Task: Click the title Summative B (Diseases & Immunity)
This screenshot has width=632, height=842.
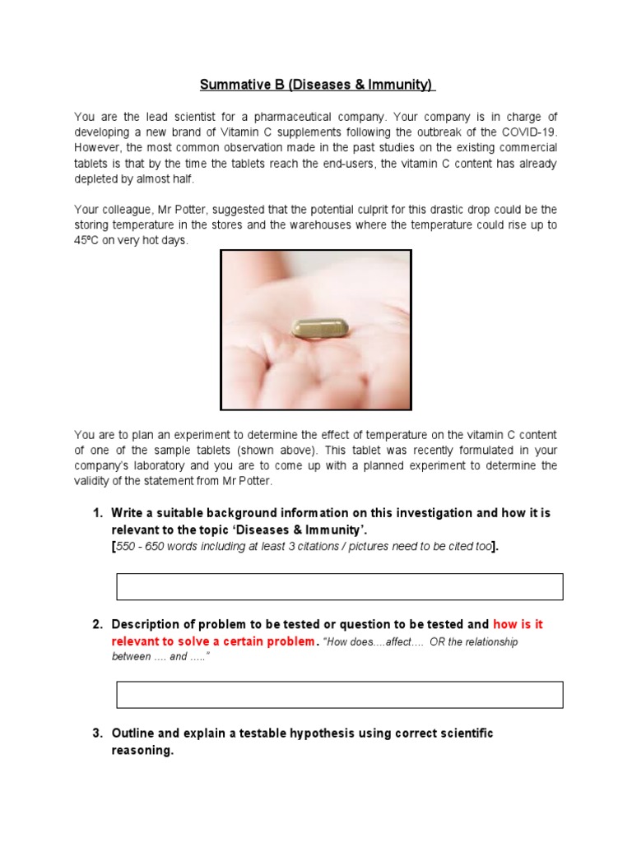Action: pyautogui.click(x=318, y=86)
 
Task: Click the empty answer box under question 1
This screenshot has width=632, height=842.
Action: pyautogui.click(x=340, y=587)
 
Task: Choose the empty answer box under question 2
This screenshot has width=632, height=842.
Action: pyautogui.click(x=340, y=695)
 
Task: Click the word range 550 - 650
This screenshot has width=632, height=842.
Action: pyautogui.click(x=142, y=548)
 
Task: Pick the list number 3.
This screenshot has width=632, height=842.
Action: pyautogui.click(x=97, y=733)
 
